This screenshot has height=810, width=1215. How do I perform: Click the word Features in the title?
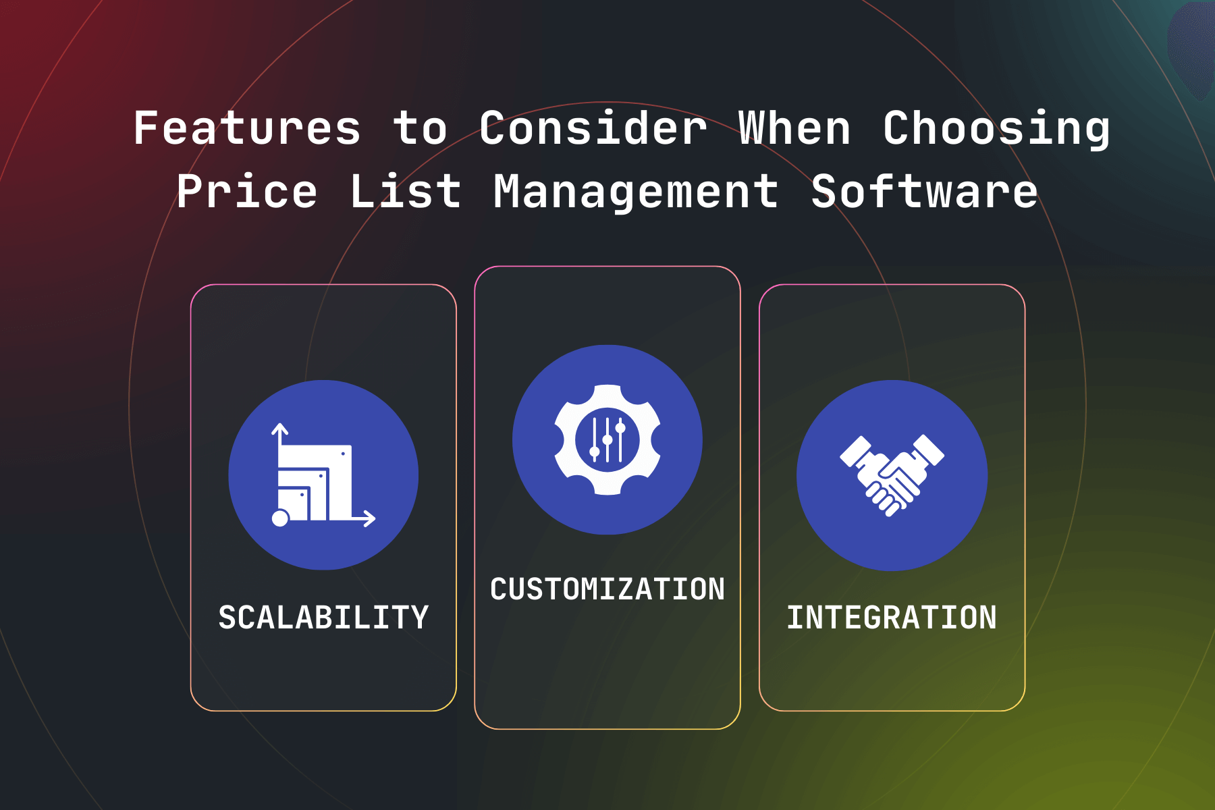247,128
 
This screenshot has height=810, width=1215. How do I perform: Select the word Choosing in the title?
996,129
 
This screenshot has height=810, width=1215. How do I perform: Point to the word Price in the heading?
247,192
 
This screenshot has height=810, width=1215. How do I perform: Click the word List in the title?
405,191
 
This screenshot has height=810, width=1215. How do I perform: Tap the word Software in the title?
924,191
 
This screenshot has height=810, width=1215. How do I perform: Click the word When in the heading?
794,128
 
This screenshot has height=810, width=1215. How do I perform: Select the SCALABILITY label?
323,617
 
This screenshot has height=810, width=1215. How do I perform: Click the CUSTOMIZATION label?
607,589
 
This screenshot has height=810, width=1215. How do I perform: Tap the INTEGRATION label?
892,617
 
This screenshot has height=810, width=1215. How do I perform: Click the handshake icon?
892,475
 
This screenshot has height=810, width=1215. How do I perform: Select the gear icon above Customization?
607,440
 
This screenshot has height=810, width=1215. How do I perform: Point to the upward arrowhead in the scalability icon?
280,429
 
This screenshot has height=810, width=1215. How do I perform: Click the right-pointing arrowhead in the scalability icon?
369,518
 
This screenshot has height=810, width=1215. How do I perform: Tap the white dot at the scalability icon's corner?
280,518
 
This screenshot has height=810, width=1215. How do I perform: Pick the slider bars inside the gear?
607,439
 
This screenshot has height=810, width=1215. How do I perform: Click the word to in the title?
420,128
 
